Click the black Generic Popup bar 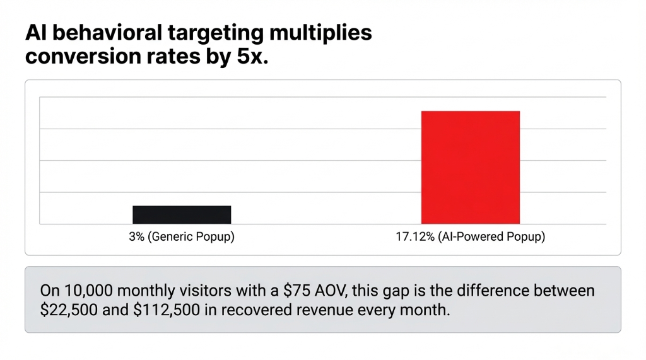pos(182,214)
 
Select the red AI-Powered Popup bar pos(471,167)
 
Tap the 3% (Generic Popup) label pos(182,238)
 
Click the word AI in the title pos(34,33)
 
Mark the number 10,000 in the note pos(86,291)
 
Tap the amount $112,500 pos(160,311)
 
